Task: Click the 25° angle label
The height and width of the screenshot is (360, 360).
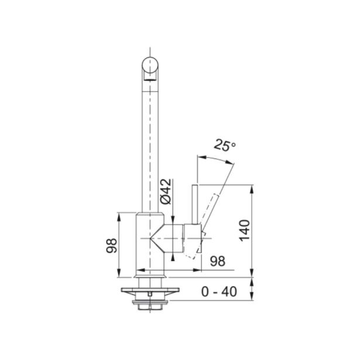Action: point(225,146)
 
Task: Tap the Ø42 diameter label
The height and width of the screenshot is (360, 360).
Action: point(166,191)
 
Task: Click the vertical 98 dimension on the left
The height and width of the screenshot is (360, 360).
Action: point(112,246)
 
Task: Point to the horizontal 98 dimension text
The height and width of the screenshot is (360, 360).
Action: point(218,261)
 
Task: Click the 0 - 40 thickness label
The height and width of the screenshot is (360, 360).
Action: point(219,292)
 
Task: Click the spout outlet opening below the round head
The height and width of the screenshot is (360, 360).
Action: point(150,80)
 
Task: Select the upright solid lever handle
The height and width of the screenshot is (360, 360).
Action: point(195,204)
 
